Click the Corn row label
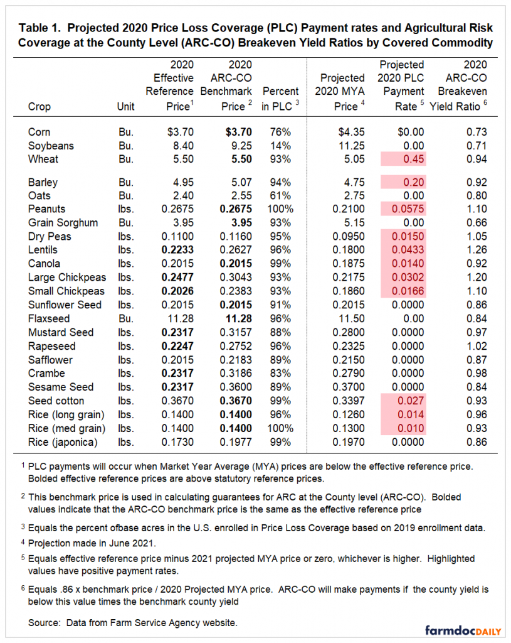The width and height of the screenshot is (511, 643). click(39, 132)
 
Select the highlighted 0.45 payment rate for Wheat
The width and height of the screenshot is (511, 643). click(414, 159)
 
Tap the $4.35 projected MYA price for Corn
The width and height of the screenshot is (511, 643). click(351, 132)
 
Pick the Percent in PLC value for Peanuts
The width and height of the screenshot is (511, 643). click(280, 209)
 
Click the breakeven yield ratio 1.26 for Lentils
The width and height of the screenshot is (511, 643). click(477, 250)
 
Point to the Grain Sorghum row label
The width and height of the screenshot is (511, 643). click(63, 223)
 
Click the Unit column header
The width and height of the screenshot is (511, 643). click(125, 107)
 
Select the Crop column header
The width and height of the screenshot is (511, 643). click(40, 107)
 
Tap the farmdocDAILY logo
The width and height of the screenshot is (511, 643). click(463, 630)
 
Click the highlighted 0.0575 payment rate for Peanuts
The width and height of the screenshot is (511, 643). click(408, 209)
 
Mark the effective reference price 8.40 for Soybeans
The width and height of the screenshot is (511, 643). click(183, 146)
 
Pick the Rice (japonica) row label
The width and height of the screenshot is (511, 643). click(63, 442)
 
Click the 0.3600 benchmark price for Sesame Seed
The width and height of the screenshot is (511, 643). click(236, 387)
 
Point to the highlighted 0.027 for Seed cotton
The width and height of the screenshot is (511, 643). click(411, 401)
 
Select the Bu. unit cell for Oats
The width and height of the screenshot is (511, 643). click(126, 196)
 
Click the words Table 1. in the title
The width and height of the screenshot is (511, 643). click(40, 28)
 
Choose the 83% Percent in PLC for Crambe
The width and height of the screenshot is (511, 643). click(280, 373)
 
